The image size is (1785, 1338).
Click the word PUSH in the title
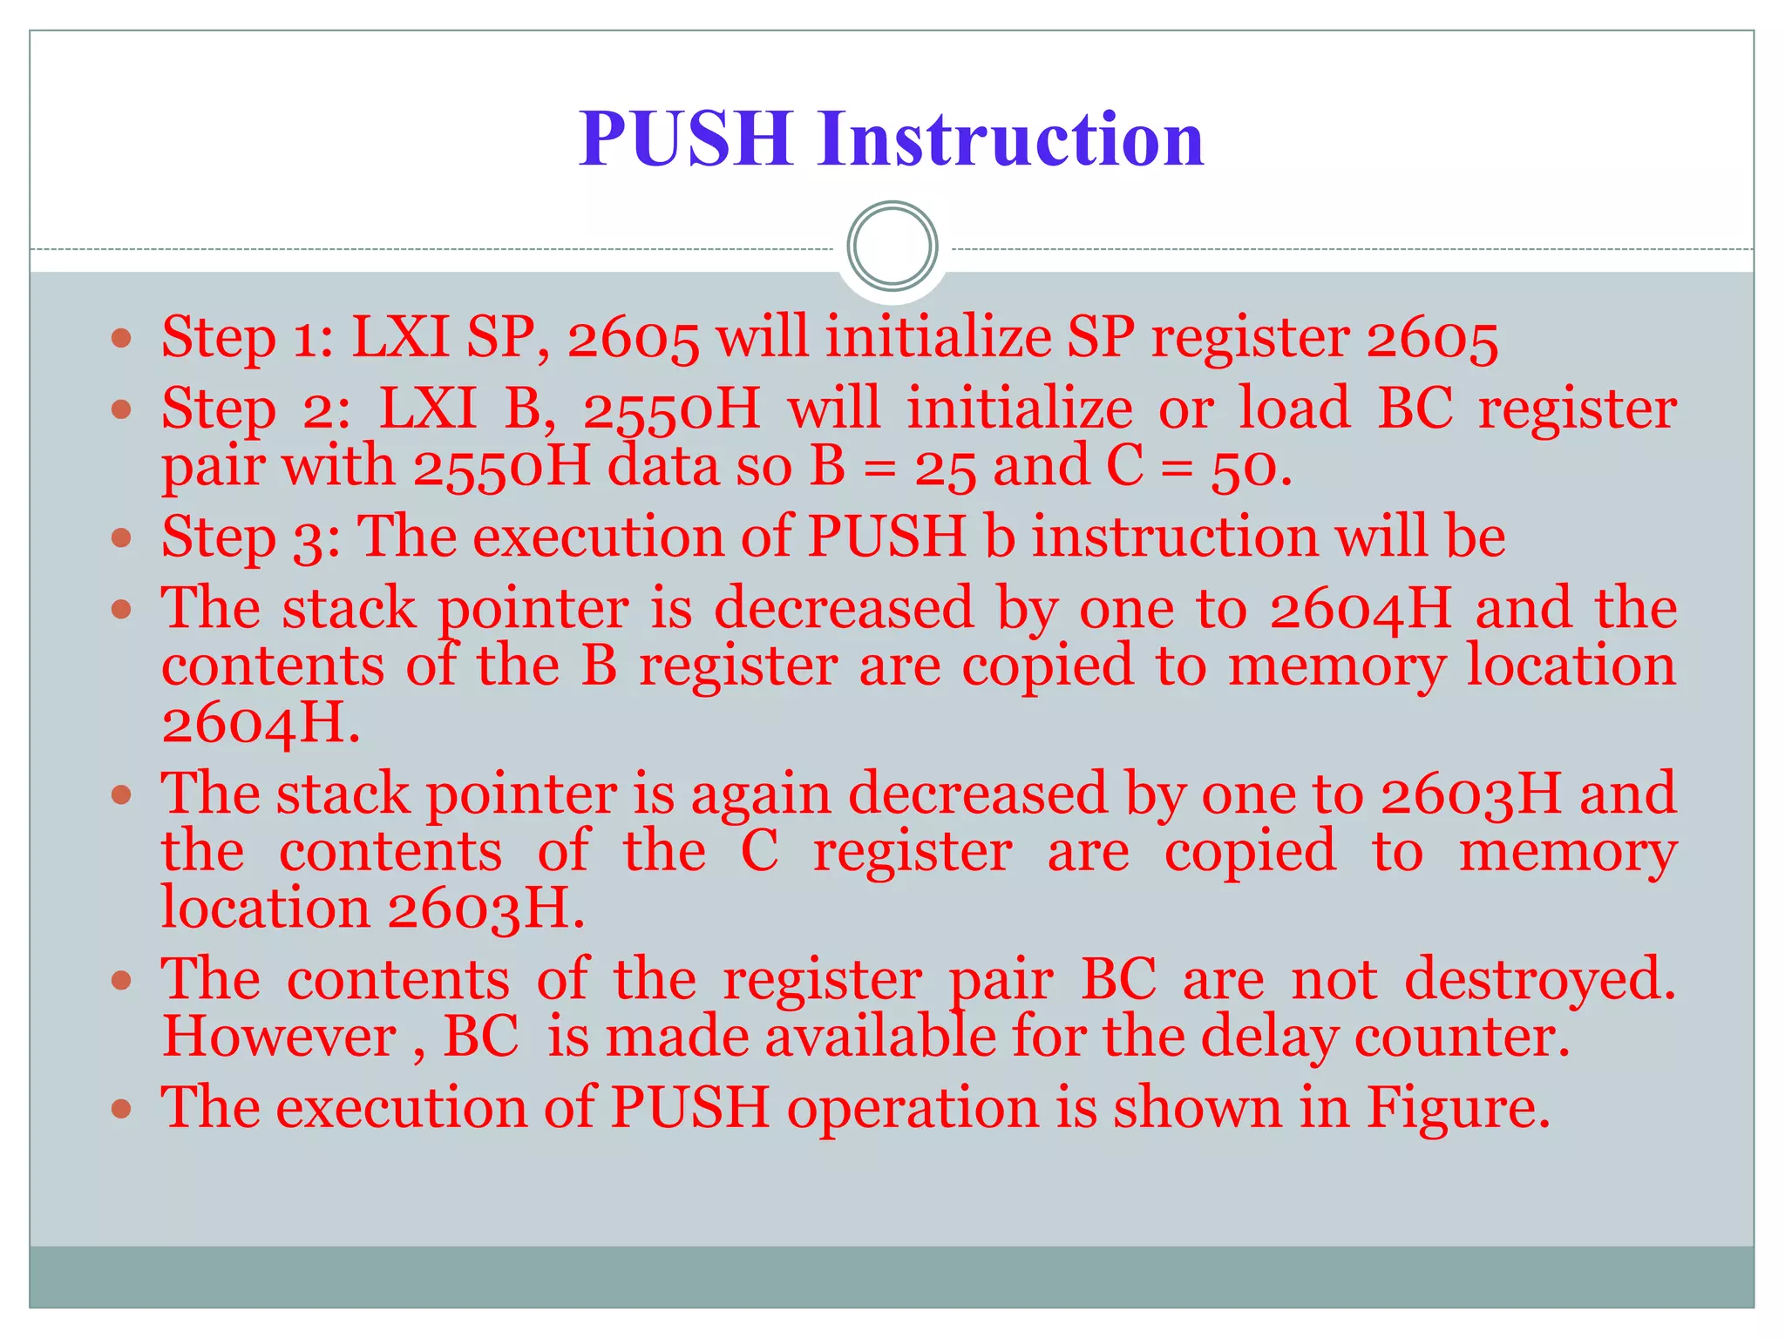[685, 139]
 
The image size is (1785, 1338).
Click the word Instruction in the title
[1011, 139]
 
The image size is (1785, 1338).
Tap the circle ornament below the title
[892, 246]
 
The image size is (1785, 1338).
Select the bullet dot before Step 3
[122, 537]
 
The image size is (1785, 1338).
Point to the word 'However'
[280, 1037]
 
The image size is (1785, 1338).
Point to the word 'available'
[881, 1037]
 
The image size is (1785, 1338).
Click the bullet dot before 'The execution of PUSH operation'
[122, 1109]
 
